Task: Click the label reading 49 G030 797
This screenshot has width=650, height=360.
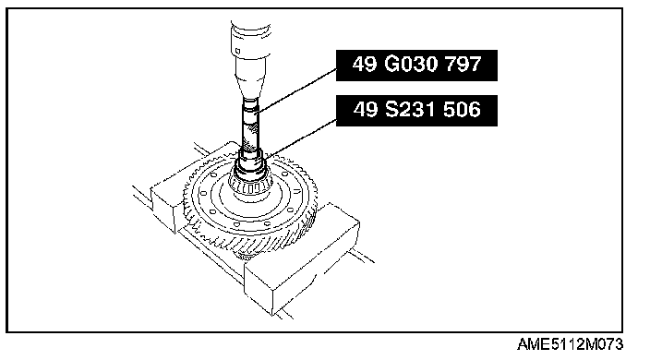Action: click(x=416, y=66)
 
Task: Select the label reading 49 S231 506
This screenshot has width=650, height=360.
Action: click(x=416, y=111)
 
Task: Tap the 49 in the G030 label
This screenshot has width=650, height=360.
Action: click(x=365, y=65)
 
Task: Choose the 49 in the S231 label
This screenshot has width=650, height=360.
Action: click(x=366, y=110)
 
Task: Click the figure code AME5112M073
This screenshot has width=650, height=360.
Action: click(x=570, y=344)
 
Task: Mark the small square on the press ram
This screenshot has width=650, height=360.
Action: click(x=237, y=51)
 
